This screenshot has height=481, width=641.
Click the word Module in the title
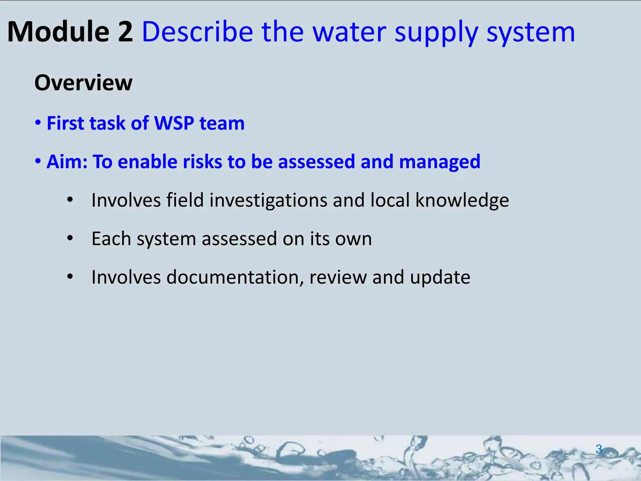coord(58,32)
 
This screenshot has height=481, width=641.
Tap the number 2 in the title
coord(126,32)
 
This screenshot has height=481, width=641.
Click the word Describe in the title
coord(197,32)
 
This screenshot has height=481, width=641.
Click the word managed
coord(439,162)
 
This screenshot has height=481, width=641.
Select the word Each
coord(111,239)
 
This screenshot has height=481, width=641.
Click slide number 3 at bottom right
coord(599,449)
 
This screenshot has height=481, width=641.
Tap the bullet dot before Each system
coord(70,239)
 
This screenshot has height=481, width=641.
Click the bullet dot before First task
coord(38,122)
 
